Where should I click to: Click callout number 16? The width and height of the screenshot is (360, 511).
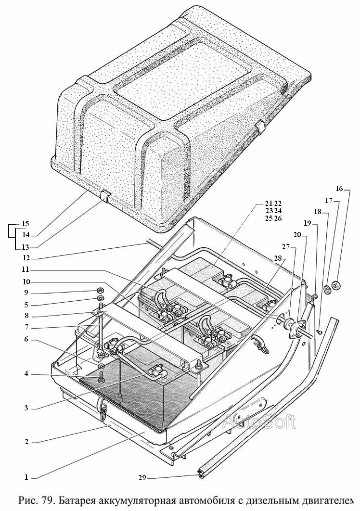339,188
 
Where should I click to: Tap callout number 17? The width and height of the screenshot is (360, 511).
329,201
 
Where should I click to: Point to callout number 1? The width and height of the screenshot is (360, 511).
26,478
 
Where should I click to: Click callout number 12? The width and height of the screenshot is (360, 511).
26,258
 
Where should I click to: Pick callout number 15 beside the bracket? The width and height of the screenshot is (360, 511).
25,224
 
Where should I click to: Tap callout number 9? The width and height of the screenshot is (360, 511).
26,293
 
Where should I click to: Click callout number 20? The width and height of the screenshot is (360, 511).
297,235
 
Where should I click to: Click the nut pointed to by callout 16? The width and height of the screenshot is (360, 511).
336,286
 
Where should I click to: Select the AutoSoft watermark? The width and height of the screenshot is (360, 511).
259,421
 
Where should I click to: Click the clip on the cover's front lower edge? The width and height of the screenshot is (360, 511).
105,196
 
